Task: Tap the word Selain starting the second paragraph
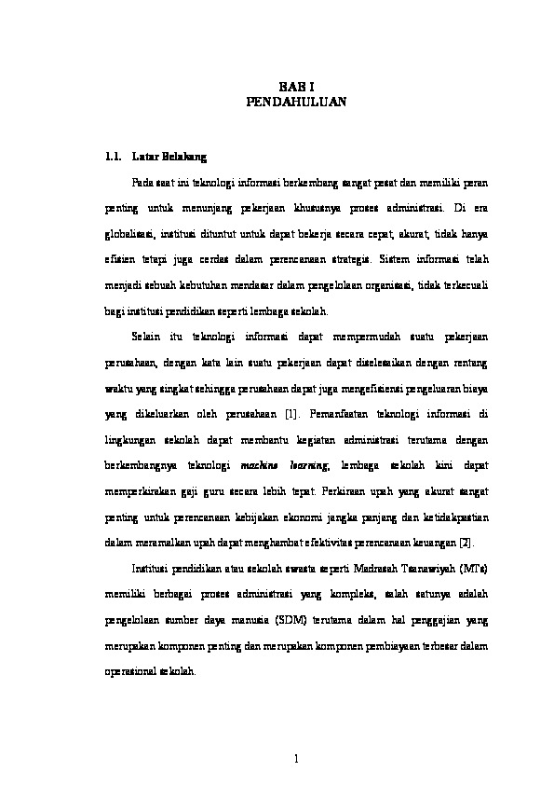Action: tap(147, 335)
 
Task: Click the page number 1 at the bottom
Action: tap(293, 758)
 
